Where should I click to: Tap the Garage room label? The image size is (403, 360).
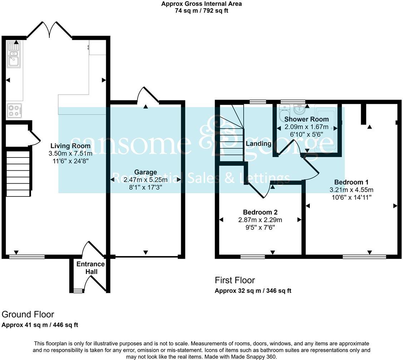[x=145, y=172]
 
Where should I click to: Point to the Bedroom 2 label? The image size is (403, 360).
[x=260, y=212]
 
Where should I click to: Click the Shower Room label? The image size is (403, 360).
[x=307, y=119]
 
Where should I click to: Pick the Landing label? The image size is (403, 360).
[x=258, y=144]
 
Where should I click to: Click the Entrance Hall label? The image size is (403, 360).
[x=90, y=268]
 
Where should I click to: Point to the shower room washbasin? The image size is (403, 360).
[x=298, y=107]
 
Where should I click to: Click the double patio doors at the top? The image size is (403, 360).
[x=49, y=30]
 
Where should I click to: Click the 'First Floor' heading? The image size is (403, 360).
[x=235, y=280]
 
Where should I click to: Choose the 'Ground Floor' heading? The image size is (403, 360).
[x=28, y=314]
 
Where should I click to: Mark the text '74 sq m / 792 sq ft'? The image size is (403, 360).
[x=201, y=10]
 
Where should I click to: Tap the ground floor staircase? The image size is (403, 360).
[x=19, y=173]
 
